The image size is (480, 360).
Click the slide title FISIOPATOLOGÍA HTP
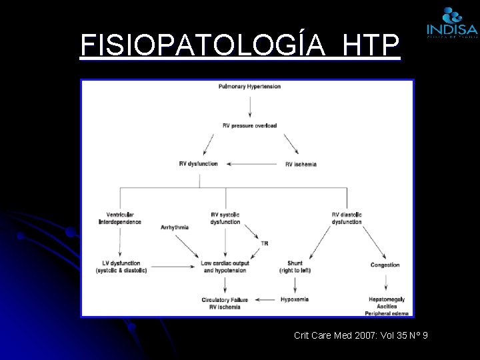point(240,45)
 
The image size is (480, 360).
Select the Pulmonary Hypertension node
point(249,87)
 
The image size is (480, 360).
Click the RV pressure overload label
point(249,125)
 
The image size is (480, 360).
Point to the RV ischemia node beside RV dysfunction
point(301,164)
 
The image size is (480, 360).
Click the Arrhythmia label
point(175,227)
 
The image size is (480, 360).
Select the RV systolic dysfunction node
point(225,218)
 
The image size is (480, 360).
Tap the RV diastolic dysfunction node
point(347,218)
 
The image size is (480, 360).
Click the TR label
point(265,243)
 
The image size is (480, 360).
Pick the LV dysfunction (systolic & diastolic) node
point(121,267)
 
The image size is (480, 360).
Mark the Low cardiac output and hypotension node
point(225,267)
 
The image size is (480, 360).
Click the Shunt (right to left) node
point(295,267)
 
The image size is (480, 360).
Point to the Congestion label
point(385,265)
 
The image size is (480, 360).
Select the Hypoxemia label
point(295,299)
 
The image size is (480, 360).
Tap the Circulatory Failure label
point(225,300)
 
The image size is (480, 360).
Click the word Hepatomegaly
point(387,299)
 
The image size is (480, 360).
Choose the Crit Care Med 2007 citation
point(361,335)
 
